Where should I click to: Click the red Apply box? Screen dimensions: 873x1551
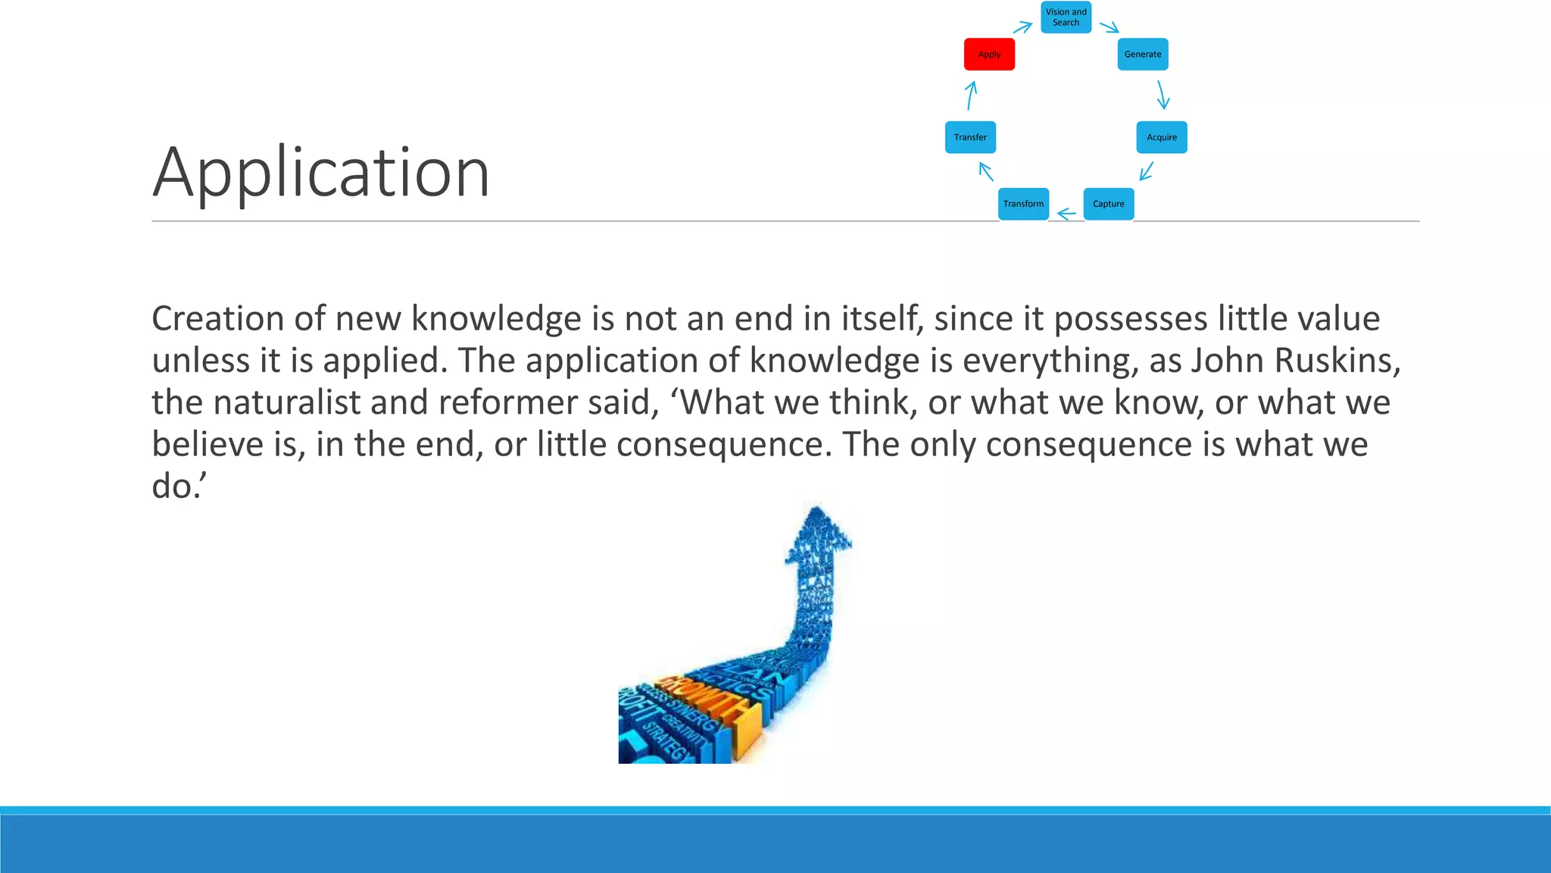[x=989, y=55]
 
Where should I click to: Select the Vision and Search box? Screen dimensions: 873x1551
[x=1066, y=17]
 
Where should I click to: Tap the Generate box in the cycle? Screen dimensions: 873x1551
[x=1142, y=55]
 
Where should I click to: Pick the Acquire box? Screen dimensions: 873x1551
[x=1161, y=137]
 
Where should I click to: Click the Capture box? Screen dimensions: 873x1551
[x=1108, y=204]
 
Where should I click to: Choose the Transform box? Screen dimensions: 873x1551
[x=1023, y=204]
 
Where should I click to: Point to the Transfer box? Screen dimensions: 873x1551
[x=970, y=137]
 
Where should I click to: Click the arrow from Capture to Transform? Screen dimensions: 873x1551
[x=1066, y=214]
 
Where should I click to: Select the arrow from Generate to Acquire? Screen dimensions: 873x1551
[x=1162, y=95]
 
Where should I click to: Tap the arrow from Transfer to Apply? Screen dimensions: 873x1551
[x=971, y=95]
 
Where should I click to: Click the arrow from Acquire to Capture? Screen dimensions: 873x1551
[x=1147, y=171]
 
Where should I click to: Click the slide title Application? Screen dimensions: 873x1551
[x=321, y=173]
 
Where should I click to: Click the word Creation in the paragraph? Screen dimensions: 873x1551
[x=217, y=318]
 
